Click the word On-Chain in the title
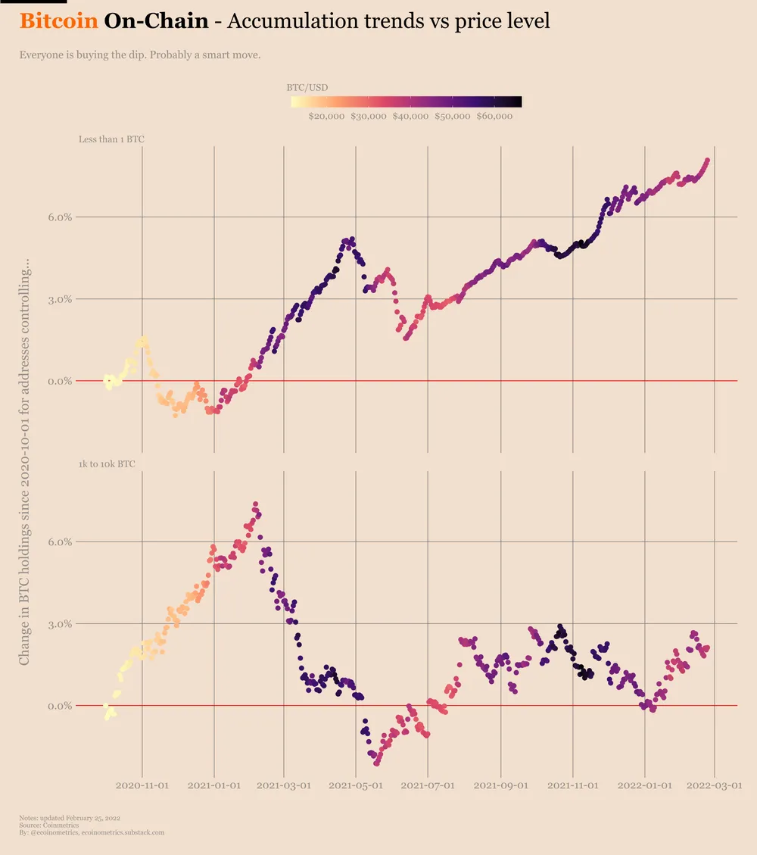156,21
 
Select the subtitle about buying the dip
140,55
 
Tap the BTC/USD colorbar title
307,87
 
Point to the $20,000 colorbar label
327,117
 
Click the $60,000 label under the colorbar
495,117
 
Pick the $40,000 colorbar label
411,117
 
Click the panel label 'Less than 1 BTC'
111,139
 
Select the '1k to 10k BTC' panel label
107,463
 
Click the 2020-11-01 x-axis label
143,786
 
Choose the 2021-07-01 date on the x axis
428,786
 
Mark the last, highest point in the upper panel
707,161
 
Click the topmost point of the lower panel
255,504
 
